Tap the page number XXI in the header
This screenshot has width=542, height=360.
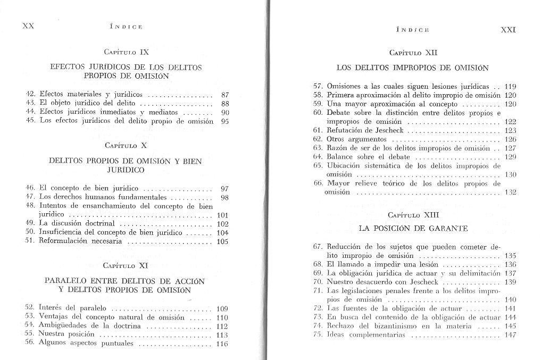pyautogui.click(x=508, y=30)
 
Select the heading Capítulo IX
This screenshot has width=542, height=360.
pyautogui.click(x=126, y=52)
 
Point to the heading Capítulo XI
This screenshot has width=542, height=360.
pyautogui.click(x=126, y=265)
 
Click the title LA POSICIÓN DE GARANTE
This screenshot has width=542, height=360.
pyautogui.click(x=413, y=229)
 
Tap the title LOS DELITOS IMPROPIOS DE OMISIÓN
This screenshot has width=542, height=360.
pyautogui.click(x=413, y=68)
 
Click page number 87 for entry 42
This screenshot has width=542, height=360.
pyautogui.click(x=224, y=95)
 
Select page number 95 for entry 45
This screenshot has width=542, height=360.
pyautogui.click(x=224, y=121)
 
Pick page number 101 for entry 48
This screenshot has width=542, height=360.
pyautogui.click(x=223, y=215)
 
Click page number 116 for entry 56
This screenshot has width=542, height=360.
pyautogui.click(x=223, y=344)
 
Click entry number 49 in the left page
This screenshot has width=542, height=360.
pyautogui.click(x=30, y=223)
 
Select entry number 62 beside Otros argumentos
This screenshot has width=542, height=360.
pyautogui.click(x=318, y=139)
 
